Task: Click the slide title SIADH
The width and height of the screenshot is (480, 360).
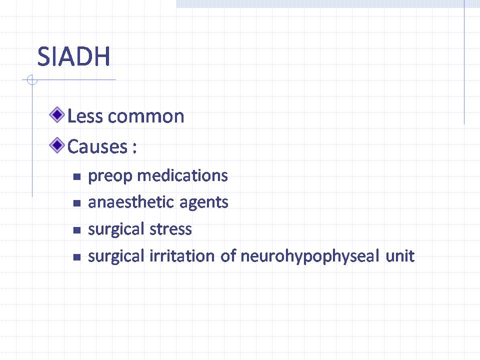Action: (73, 56)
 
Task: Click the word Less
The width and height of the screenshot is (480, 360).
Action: (85, 116)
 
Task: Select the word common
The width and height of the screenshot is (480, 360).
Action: (145, 117)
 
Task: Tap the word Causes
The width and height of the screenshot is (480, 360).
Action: (97, 146)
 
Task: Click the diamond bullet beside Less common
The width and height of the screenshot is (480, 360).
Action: (57, 115)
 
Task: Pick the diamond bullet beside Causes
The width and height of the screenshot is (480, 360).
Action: (57, 145)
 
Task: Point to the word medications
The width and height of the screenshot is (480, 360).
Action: (182, 175)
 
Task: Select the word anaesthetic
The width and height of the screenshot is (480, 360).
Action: (131, 202)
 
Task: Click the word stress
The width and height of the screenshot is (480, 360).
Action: (170, 229)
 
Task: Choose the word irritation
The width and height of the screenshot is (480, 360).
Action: (182, 256)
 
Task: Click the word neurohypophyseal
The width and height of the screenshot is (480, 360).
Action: (310, 256)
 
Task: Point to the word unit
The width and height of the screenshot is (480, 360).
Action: (400, 256)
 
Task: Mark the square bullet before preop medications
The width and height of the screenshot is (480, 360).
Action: (77, 176)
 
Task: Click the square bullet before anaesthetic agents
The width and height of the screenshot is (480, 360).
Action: (77, 203)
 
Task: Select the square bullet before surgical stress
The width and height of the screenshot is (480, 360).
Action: (77, 230)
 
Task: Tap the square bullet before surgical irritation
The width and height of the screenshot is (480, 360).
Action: (77, 257)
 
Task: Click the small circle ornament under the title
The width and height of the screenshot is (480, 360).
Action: (32, 80)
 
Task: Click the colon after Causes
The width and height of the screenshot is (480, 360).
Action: (134, 147)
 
